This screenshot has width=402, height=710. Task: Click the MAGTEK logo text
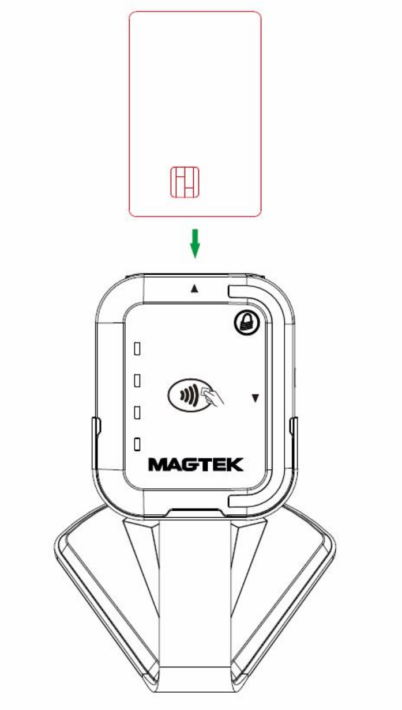click(x=196, y=465)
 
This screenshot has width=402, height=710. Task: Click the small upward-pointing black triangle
click(x=194, y=289)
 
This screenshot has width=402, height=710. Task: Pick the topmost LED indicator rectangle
click(x=138, y=349)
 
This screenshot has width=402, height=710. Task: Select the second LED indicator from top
click(x=138, y=380)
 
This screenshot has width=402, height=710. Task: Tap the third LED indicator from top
click(x=138, y=412)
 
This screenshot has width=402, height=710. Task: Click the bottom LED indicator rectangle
click(x=138, y=444)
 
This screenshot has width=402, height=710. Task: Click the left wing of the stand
click(x=92, y=582)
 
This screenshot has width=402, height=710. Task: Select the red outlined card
click(x=195, y=86)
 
